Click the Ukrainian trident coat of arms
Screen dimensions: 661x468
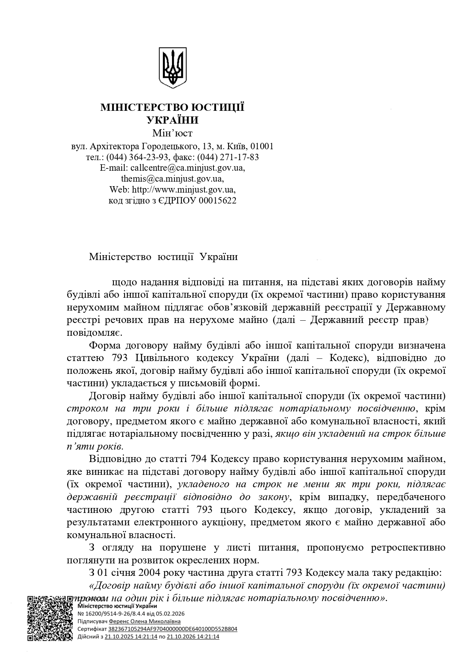172,68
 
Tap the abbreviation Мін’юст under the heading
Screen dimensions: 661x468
172,133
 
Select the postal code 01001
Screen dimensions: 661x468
262,146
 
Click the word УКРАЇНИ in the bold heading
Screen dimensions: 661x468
172,120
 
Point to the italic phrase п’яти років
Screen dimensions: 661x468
95,446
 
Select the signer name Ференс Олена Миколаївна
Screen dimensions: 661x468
145,621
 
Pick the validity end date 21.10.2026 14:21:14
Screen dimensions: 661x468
193,637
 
